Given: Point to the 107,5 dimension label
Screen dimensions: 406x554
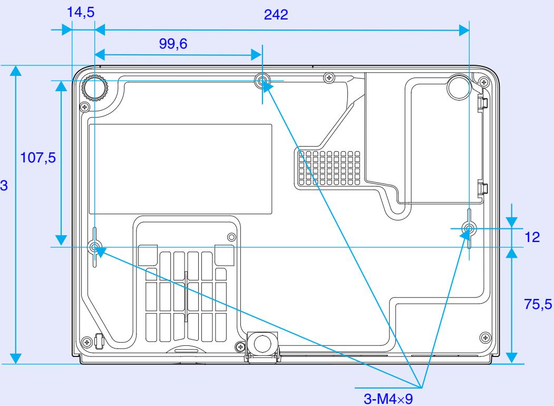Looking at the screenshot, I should (36, 158).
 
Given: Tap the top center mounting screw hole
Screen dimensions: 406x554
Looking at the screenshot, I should (263, 81).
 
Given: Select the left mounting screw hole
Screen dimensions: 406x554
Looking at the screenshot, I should (95, 247).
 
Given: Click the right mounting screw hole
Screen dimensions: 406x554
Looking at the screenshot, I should (469, 228).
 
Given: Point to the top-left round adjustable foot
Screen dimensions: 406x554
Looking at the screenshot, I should (95, 88).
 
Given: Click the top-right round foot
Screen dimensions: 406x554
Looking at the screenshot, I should (458, 88).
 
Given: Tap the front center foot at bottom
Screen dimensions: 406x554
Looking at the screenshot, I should (261, 343).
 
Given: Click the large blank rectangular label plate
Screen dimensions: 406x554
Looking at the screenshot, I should (181, 169).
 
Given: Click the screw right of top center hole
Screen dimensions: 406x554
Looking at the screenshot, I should (329, 78).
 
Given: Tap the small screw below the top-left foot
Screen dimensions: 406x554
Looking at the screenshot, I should (83, 107).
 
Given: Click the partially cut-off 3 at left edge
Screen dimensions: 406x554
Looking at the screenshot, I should (3, 185).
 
